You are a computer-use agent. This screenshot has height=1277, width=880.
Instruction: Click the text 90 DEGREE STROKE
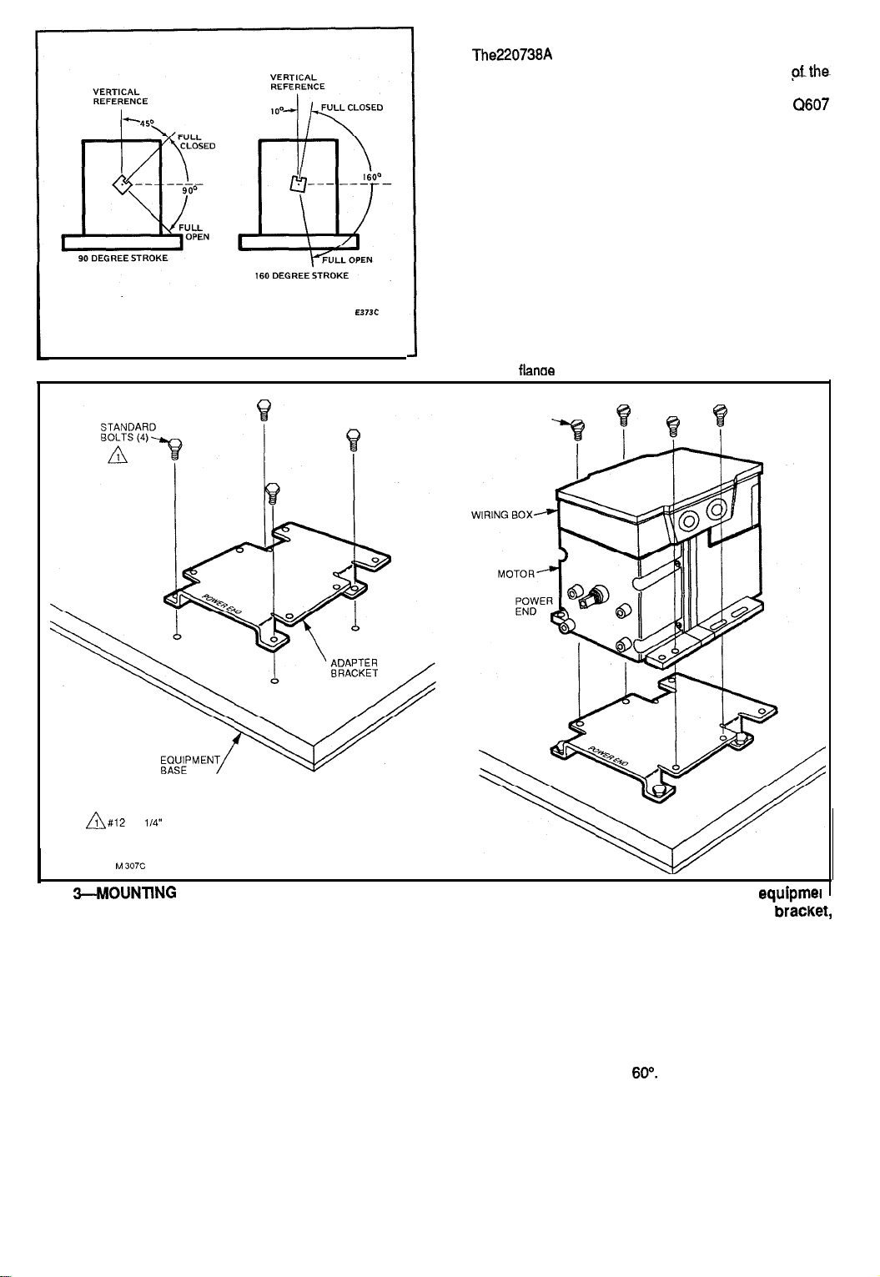(x=118, y=258)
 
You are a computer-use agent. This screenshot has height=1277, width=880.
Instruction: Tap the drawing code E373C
(x=367, y=314)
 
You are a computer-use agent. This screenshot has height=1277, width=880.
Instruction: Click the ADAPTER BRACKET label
(x=355, y=668)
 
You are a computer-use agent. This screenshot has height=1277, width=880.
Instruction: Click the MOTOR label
(x=515, y=573)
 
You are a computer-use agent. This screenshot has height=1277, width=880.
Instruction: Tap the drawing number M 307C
(x=133, y=865)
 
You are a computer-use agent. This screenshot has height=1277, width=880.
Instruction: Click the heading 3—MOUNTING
(x=123, y=892)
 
